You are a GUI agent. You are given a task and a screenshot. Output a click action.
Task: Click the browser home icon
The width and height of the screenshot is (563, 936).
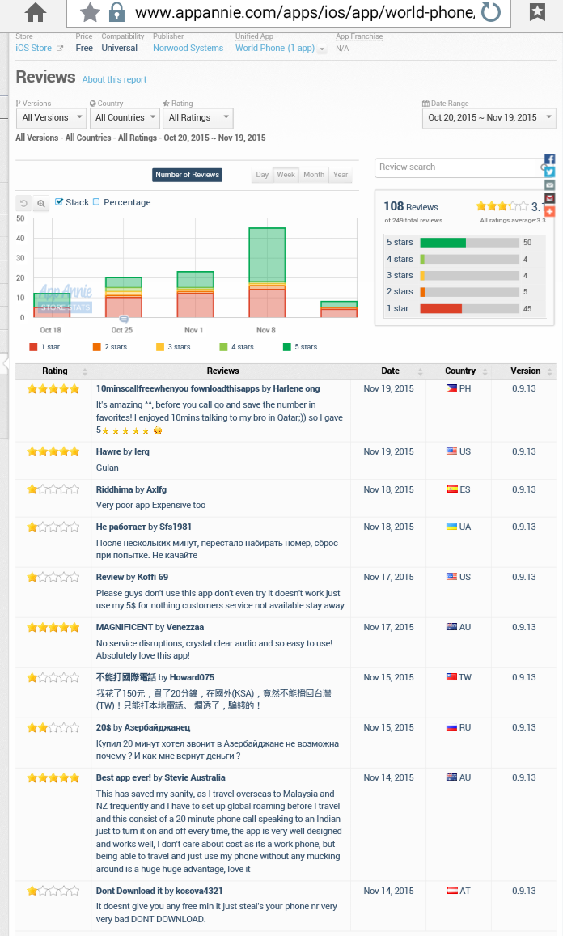(36, 11)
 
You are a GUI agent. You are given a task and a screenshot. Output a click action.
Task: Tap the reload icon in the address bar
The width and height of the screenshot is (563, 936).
(490, 12)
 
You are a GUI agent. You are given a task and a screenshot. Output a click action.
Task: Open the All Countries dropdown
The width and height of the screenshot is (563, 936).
(125, 118)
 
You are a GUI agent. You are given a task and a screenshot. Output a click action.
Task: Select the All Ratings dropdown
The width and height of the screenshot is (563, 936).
(198, 118)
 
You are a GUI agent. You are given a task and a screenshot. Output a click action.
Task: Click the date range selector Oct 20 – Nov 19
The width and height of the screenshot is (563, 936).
(489, 118)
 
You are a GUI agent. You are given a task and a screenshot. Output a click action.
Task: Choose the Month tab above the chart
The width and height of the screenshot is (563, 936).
(314, 175)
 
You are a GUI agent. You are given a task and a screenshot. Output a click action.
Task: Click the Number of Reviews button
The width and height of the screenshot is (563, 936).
(187, 175)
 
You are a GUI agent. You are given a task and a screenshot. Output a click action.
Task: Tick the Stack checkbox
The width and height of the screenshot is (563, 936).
(59, 202)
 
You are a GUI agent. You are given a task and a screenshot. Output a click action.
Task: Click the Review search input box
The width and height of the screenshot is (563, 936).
(457, 167)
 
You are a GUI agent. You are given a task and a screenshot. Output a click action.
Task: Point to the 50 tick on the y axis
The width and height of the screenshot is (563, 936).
(20, 218)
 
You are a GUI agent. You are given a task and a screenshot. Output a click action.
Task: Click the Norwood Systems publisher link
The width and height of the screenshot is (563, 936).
(188, 49)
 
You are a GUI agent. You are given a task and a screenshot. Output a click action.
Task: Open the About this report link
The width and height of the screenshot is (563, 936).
(114, 80)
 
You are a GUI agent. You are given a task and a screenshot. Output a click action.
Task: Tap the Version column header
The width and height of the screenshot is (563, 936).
(525, 371)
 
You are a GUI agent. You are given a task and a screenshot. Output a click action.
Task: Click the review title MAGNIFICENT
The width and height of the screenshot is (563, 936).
(125, 627)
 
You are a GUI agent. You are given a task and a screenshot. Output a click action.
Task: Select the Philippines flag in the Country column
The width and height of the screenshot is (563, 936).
(451, 389)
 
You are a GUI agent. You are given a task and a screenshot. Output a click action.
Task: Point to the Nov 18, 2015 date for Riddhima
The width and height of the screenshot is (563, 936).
(388, 489)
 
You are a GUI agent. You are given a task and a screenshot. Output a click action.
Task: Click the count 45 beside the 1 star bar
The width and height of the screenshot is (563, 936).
(527, 308)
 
